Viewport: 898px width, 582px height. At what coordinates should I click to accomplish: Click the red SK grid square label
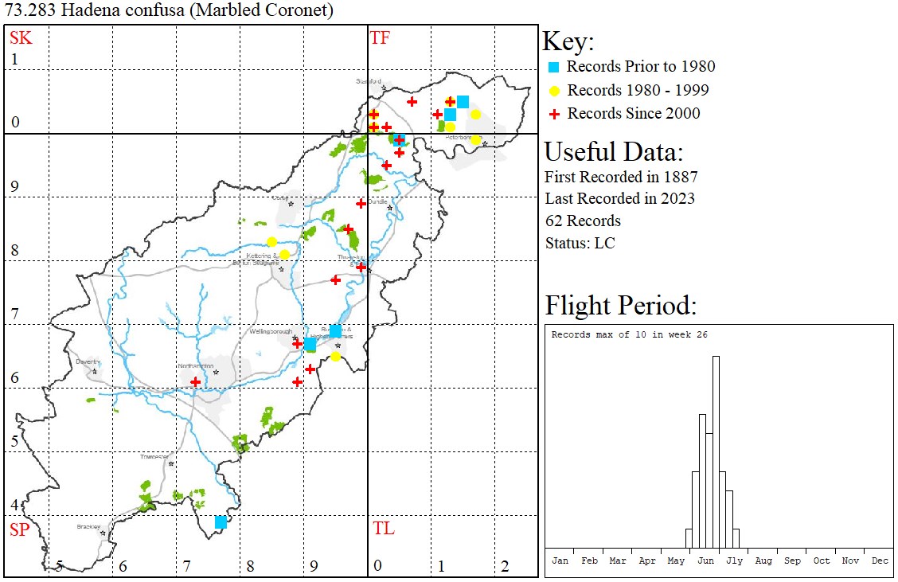click(x=21, y=37)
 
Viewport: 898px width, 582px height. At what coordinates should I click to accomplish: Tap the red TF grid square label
click(x=380, y=37)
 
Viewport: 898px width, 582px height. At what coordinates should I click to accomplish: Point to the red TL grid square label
click(x=383, y=529)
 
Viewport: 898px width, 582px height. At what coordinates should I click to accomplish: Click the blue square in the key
click(x=555, y=67)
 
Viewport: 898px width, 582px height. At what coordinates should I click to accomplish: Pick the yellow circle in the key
click(x=555, y=91)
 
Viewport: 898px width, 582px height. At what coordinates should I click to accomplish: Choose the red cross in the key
click(x=555, y=114)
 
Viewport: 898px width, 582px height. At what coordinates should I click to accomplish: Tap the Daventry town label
click(x=86, y=361)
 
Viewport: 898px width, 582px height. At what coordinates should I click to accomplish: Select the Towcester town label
click(x=154, y=456)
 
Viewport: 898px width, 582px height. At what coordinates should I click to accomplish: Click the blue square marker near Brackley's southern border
click(x=221, y=522)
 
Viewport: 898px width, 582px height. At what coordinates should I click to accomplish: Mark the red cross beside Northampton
click(x=196, y=381)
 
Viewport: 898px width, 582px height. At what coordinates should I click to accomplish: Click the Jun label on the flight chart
click(x=705, y=561)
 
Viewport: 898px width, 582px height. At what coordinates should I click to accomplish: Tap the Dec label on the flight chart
click(x=879, y=561)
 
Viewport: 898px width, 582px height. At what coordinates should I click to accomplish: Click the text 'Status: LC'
click(x=580, y=244)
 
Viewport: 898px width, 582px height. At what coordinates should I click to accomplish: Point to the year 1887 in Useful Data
click(x=679, y=177)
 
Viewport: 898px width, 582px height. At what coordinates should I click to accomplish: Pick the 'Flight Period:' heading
click(x=620, y=306)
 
